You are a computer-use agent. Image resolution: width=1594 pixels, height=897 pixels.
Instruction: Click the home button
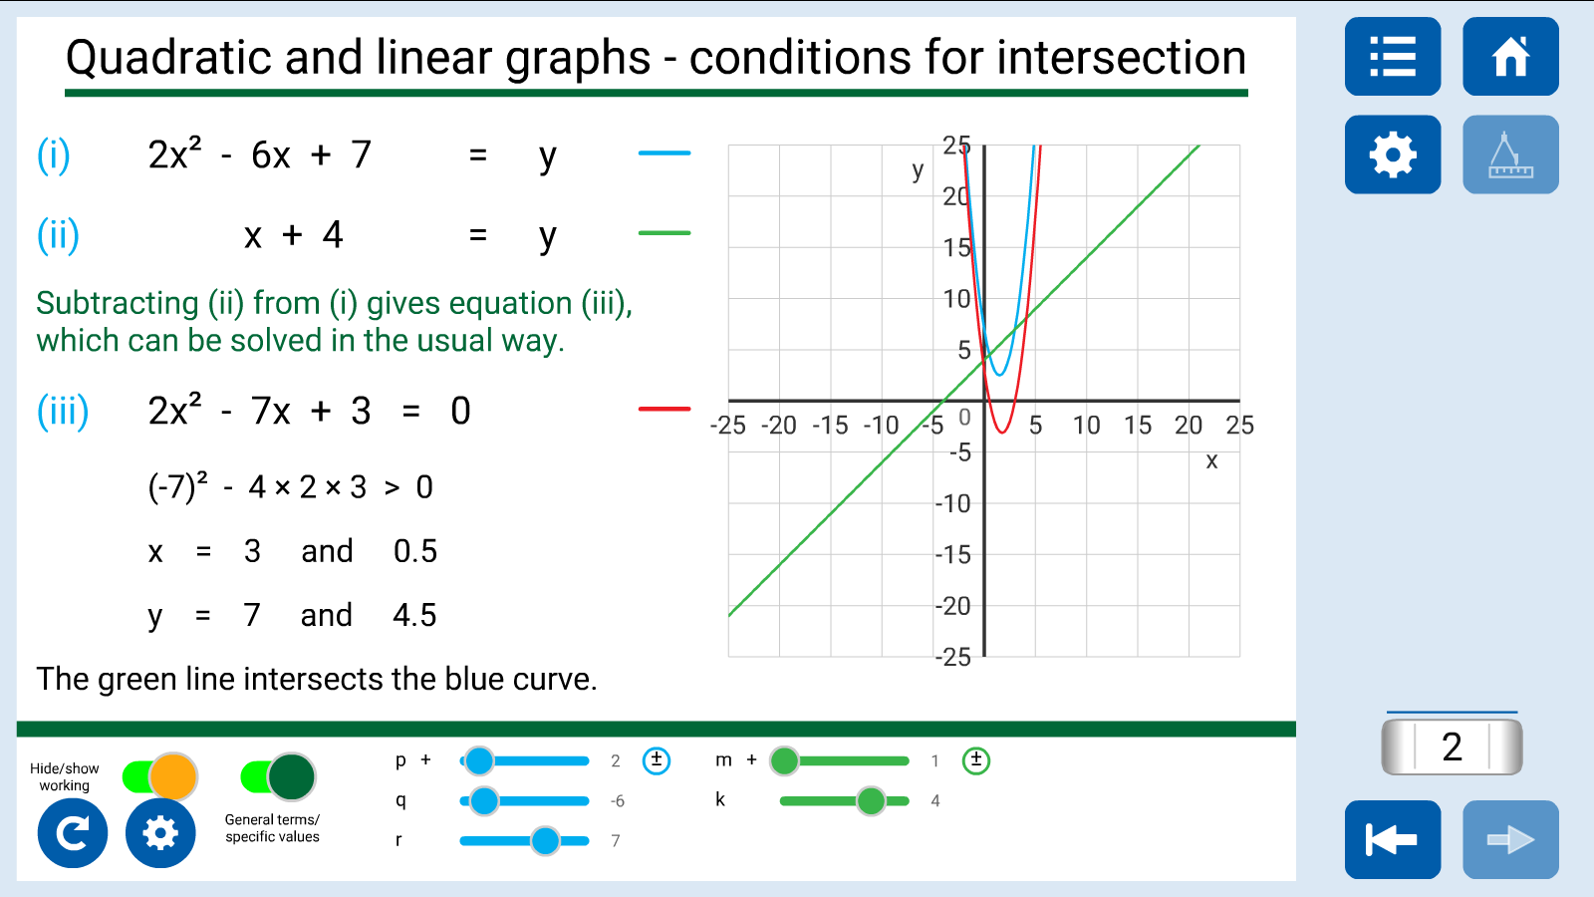click(1510, 56)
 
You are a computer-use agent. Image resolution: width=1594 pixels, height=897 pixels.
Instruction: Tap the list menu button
click(1393, 56)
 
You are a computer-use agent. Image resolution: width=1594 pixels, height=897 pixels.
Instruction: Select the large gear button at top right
click(1393, 154)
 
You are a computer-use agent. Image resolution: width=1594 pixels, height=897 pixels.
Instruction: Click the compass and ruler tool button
click(1510, 154)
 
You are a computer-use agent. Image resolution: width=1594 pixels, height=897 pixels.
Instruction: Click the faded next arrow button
click(1510, 839)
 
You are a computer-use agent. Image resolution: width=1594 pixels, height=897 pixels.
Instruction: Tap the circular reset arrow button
click(73, 833)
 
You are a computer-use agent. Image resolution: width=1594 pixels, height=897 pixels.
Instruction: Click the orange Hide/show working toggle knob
click(173, 776)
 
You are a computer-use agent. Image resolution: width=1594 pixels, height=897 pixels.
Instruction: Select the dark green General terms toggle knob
click(291, 776)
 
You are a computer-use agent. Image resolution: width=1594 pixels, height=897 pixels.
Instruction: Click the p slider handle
click(479, 760)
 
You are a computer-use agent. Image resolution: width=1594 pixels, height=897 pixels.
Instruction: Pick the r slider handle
click(545, 841)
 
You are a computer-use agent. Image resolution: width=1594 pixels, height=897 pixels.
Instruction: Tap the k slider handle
click(871, 801)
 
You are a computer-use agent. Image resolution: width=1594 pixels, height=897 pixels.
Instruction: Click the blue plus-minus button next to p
click(657, 760)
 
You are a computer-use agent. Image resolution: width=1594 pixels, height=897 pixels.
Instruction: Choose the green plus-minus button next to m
click(975, 760)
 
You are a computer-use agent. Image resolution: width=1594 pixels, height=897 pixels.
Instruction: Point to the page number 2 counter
click(1452, 747)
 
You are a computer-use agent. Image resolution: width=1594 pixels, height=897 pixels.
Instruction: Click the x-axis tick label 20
click(1189, 425)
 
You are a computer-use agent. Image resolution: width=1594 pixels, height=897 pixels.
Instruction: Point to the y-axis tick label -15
click(952, 554)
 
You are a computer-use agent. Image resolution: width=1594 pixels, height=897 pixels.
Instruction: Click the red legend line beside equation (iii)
click(664, 409)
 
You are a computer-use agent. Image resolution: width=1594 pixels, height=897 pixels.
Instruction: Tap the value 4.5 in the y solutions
click(414, 615)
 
